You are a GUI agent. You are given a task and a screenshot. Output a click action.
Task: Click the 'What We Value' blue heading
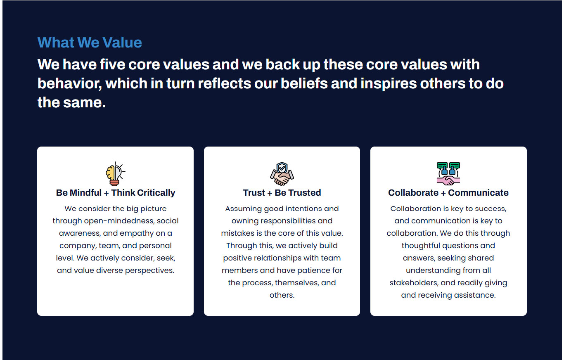[x=90, y=42]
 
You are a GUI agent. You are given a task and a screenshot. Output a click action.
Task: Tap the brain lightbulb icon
[x=116, y=174]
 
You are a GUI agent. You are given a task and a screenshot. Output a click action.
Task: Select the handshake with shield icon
[x=282, y=174]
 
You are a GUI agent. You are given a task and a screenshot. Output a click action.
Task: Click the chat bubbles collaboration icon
[x=448, y=174]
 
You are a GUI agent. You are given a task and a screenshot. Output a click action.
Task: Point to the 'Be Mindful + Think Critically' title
[x=116, y=192]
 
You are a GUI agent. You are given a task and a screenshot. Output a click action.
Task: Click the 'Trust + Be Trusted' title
[x=282, y=192]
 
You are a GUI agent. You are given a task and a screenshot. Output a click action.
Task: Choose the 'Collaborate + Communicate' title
[x=448, y=192]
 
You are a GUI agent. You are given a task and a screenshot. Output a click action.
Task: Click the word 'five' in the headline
[x=112, y=64]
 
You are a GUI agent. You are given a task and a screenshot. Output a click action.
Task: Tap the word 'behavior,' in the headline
[x=70, y=83]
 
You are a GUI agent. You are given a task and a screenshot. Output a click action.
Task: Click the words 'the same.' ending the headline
[x=72, y=102]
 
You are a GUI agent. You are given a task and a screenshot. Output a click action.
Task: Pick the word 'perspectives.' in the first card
[x=149, y=270]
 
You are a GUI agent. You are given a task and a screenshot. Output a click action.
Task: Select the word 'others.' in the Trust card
[x=282, y=295]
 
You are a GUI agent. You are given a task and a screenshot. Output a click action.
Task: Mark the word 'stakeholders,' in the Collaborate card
[x=414, y=283]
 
